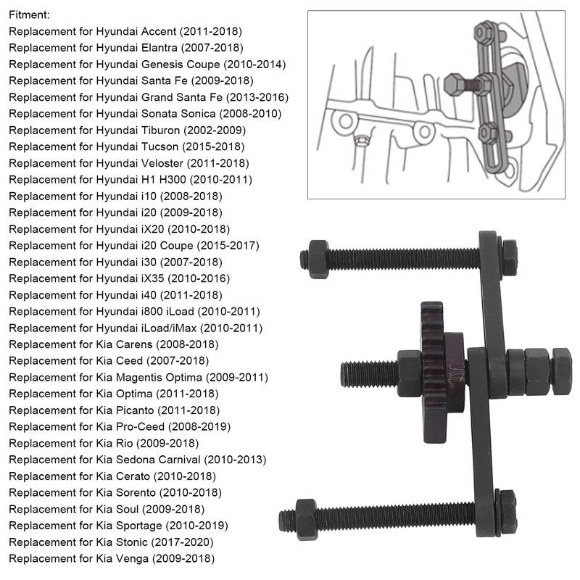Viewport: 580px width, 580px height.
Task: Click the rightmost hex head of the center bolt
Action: point(562,360)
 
